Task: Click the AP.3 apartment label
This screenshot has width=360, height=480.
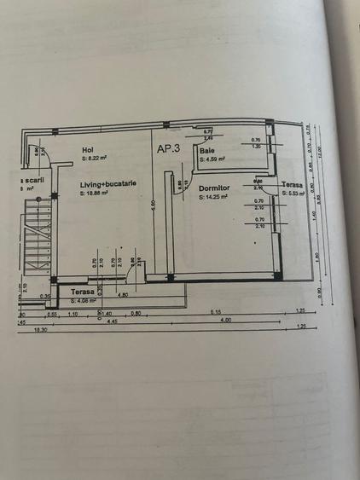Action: click(x=168, y=147)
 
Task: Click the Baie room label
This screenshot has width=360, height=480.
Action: click(x=206, y=150)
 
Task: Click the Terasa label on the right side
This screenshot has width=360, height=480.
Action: click(x=291, y=185)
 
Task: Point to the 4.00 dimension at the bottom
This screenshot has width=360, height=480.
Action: click(x=225, y=320)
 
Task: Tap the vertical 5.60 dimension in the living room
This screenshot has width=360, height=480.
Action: click(x=153, y=204)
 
